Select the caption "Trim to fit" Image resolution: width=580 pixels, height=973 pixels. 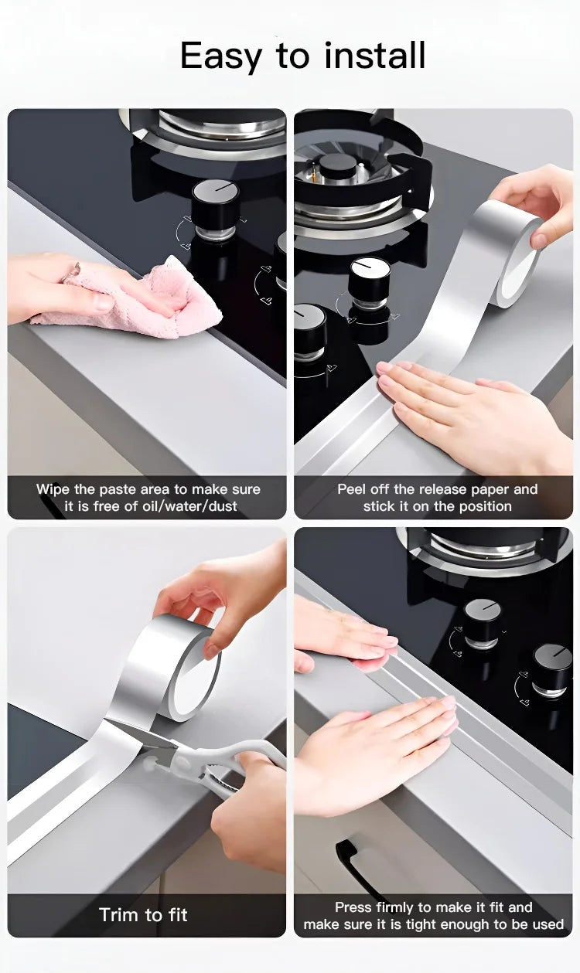(144, 915)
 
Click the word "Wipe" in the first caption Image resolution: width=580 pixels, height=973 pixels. (53, 489)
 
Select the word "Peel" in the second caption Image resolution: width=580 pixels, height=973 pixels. (352, 489)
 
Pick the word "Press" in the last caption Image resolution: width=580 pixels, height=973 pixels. (353, 907)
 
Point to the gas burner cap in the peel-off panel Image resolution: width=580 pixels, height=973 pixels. (338, 165)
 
